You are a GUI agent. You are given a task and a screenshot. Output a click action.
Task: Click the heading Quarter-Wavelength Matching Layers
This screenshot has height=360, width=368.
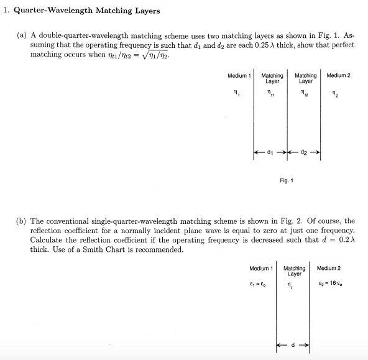[x=86, y=11]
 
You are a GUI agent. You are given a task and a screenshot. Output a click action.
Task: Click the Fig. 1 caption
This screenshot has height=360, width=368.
[x=287, y=181]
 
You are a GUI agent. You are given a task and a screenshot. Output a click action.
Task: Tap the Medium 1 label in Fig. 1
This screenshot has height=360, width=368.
[x=239, y=75]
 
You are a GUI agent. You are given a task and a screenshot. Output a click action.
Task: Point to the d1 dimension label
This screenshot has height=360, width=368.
[x=270, y=150]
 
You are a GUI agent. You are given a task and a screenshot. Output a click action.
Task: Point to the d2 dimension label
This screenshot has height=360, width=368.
[x=304, y=150]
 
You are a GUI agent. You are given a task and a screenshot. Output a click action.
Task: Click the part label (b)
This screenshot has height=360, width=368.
[x=21, y=221]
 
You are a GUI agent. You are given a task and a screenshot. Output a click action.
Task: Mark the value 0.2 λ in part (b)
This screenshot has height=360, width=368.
[x=344, y=240]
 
